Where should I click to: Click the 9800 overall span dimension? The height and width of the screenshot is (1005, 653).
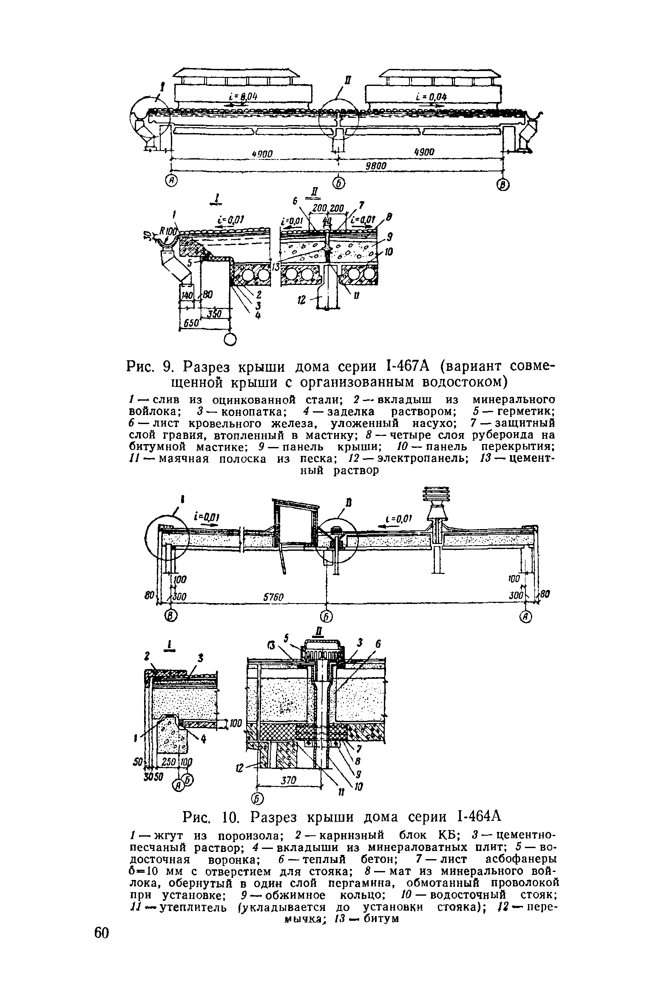376,166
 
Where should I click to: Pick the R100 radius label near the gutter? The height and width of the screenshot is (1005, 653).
168,231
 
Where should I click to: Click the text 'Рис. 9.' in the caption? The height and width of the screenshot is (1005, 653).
151,366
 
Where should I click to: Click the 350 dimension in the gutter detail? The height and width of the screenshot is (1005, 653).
215,313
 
